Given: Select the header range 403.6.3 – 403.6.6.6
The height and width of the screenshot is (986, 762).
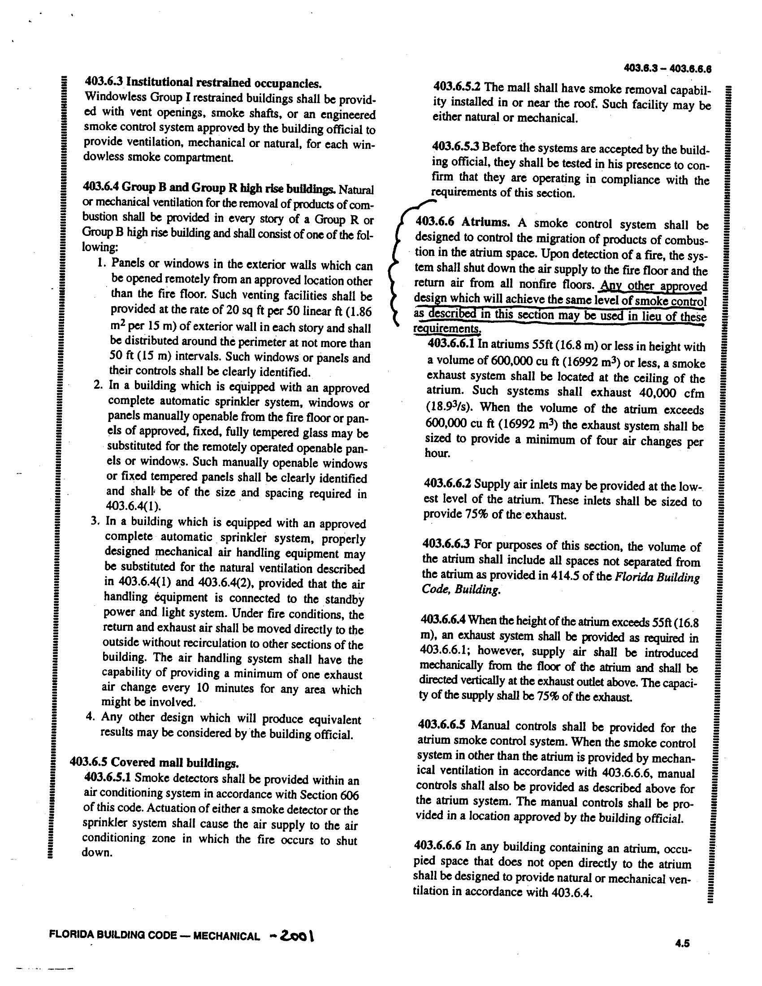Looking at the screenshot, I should tap(668, 69).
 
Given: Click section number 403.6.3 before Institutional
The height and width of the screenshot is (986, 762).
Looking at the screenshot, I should tap(104, 83).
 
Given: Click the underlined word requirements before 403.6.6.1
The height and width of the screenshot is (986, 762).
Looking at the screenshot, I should tap(446, 329).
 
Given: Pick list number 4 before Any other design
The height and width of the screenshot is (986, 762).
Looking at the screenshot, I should tap(92, 717).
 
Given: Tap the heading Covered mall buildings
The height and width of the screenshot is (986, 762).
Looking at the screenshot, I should tap(174, 763).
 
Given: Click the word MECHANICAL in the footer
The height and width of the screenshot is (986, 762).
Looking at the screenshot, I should tap(226, 936).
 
